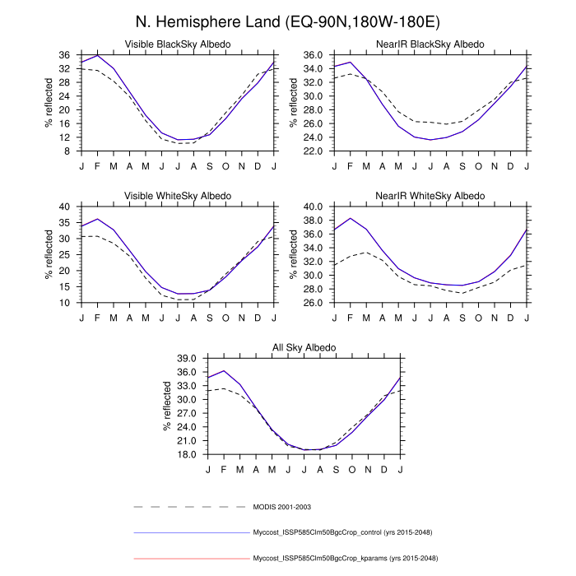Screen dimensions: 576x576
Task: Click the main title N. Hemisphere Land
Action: click(288, 22)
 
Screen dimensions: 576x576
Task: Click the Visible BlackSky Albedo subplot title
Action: click(177, 44)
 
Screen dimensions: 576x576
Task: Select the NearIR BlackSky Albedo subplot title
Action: click(432, 44)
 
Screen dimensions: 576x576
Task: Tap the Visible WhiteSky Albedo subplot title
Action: click(177, 196)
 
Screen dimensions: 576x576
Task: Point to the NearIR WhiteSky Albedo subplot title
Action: click(432, 196)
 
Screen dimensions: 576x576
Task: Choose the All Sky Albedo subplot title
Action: click(304, 348)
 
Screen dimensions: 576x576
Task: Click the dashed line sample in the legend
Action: click(189, 506)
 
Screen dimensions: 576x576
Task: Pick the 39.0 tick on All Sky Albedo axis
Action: click(183, 359)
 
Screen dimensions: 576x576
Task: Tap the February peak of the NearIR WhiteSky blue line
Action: click(351, 218)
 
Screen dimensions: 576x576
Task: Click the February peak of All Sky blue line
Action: click(224, 370)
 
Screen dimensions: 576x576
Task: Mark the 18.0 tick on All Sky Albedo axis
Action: click(183, 455)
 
